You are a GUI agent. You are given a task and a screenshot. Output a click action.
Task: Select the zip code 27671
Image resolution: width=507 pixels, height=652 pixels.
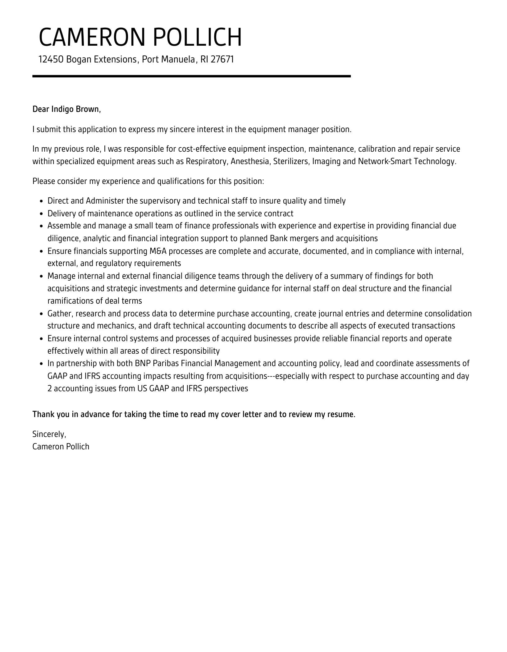(x=222, y=59)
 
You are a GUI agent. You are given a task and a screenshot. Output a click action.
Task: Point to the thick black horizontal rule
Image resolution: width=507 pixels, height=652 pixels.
(x=191, y=76)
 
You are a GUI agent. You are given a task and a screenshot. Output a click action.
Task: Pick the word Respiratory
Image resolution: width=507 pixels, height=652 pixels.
(x=206, y=162)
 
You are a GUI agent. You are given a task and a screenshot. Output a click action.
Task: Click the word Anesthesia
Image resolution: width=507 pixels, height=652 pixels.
(x=250, y=162)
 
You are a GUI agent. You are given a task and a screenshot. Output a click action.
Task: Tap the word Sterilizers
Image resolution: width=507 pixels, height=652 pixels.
(x=291, y=162)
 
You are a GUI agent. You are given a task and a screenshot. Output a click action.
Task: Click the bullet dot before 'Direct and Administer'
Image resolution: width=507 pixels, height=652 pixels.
(x=42, y=201)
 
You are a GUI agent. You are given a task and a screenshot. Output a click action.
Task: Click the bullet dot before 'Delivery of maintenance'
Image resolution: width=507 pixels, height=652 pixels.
(x=42, y=214)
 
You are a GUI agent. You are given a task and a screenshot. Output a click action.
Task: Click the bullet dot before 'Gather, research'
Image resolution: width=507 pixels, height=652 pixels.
(x=42, y=314)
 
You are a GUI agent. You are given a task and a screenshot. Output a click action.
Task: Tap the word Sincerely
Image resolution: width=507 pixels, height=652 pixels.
(x=49, y=434)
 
